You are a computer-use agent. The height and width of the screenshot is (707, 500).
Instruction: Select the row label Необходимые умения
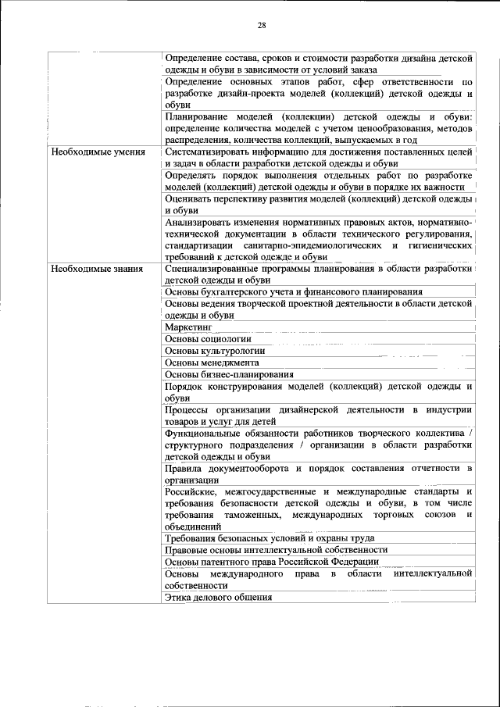[x=98, y=152]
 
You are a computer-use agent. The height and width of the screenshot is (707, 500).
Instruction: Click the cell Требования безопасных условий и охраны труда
[x=270, y=537]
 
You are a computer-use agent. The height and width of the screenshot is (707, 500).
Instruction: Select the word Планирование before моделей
[x=195, y=116]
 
